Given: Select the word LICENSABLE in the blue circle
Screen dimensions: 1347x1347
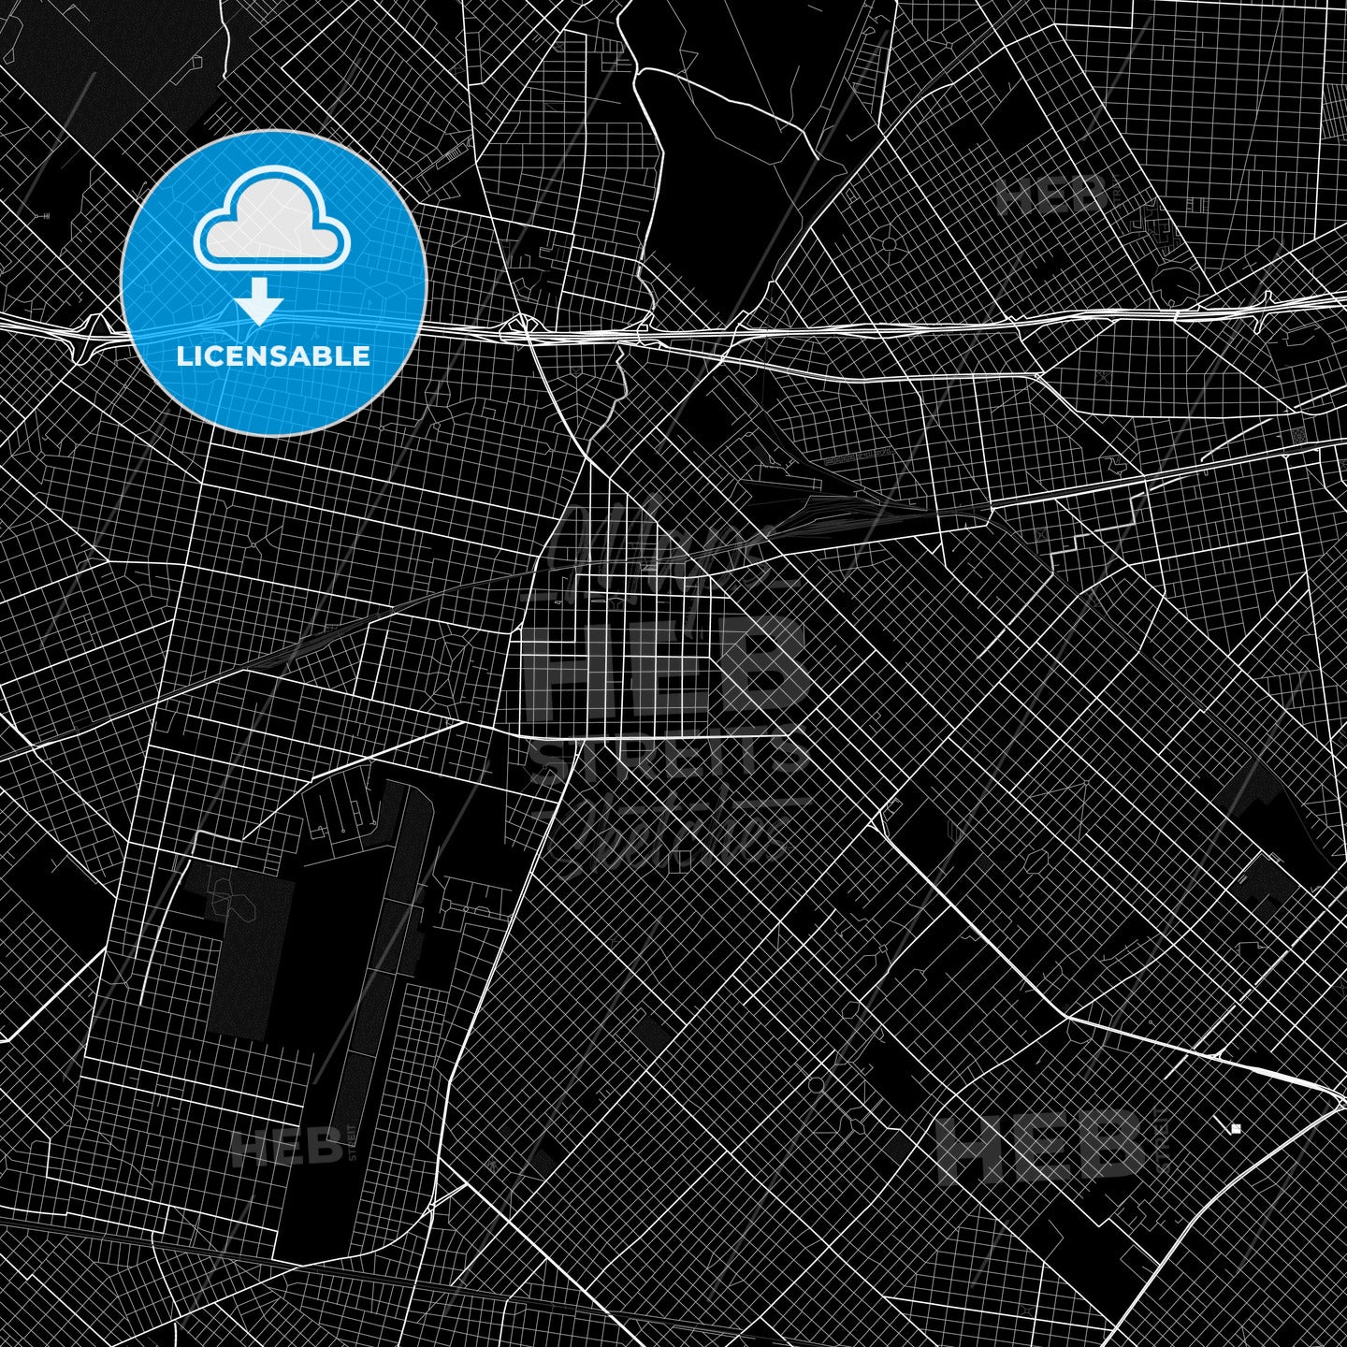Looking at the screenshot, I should [273, 356].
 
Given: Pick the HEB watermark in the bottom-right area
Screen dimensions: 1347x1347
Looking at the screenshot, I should [1039, 1145].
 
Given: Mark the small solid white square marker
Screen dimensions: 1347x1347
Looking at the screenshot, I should [1236, 1129].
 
